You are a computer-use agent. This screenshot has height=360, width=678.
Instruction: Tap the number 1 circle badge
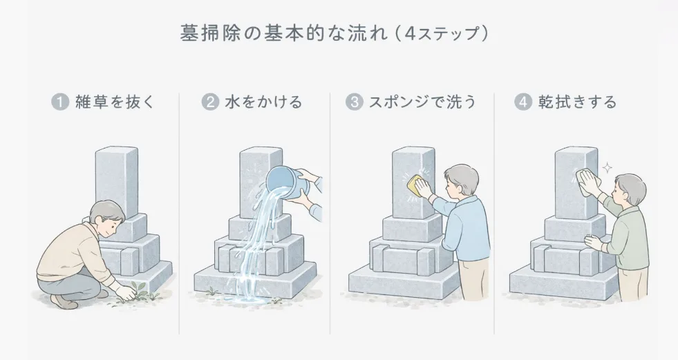point(59,102)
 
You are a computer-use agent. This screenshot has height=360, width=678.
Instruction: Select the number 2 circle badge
point(210,102)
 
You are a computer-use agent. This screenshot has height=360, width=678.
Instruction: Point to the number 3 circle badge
point(354,103)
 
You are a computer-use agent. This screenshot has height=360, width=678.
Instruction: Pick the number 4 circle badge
point(524,102)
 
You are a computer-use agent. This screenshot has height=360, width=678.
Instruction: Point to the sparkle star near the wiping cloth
point(607,168)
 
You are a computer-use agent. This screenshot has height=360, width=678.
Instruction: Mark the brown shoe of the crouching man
point(64,301)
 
